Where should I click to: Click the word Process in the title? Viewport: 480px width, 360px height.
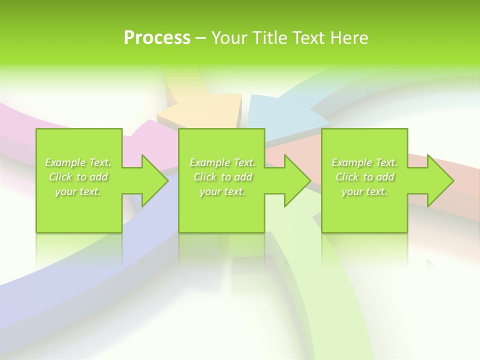(x=157, y=38)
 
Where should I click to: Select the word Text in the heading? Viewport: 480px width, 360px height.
(x=310, y=38)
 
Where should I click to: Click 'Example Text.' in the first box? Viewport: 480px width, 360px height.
(x=78, y=162)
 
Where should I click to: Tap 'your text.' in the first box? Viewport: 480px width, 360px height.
(x=78, y=191)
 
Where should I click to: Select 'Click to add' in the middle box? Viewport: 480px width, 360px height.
(x=222, y=177)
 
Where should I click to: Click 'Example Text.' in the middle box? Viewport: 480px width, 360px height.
(x=222, y=162)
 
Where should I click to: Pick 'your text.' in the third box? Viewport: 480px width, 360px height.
(x=364, y=191)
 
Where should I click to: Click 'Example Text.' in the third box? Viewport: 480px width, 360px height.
(x=364, y=162)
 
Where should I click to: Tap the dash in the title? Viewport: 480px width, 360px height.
(x=201, y=38)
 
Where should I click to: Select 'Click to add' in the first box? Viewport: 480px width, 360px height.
(x=78, y=177)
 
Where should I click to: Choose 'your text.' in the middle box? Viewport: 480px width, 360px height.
(x=222, y=191)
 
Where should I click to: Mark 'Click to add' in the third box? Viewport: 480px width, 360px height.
(x=364, y=177)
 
